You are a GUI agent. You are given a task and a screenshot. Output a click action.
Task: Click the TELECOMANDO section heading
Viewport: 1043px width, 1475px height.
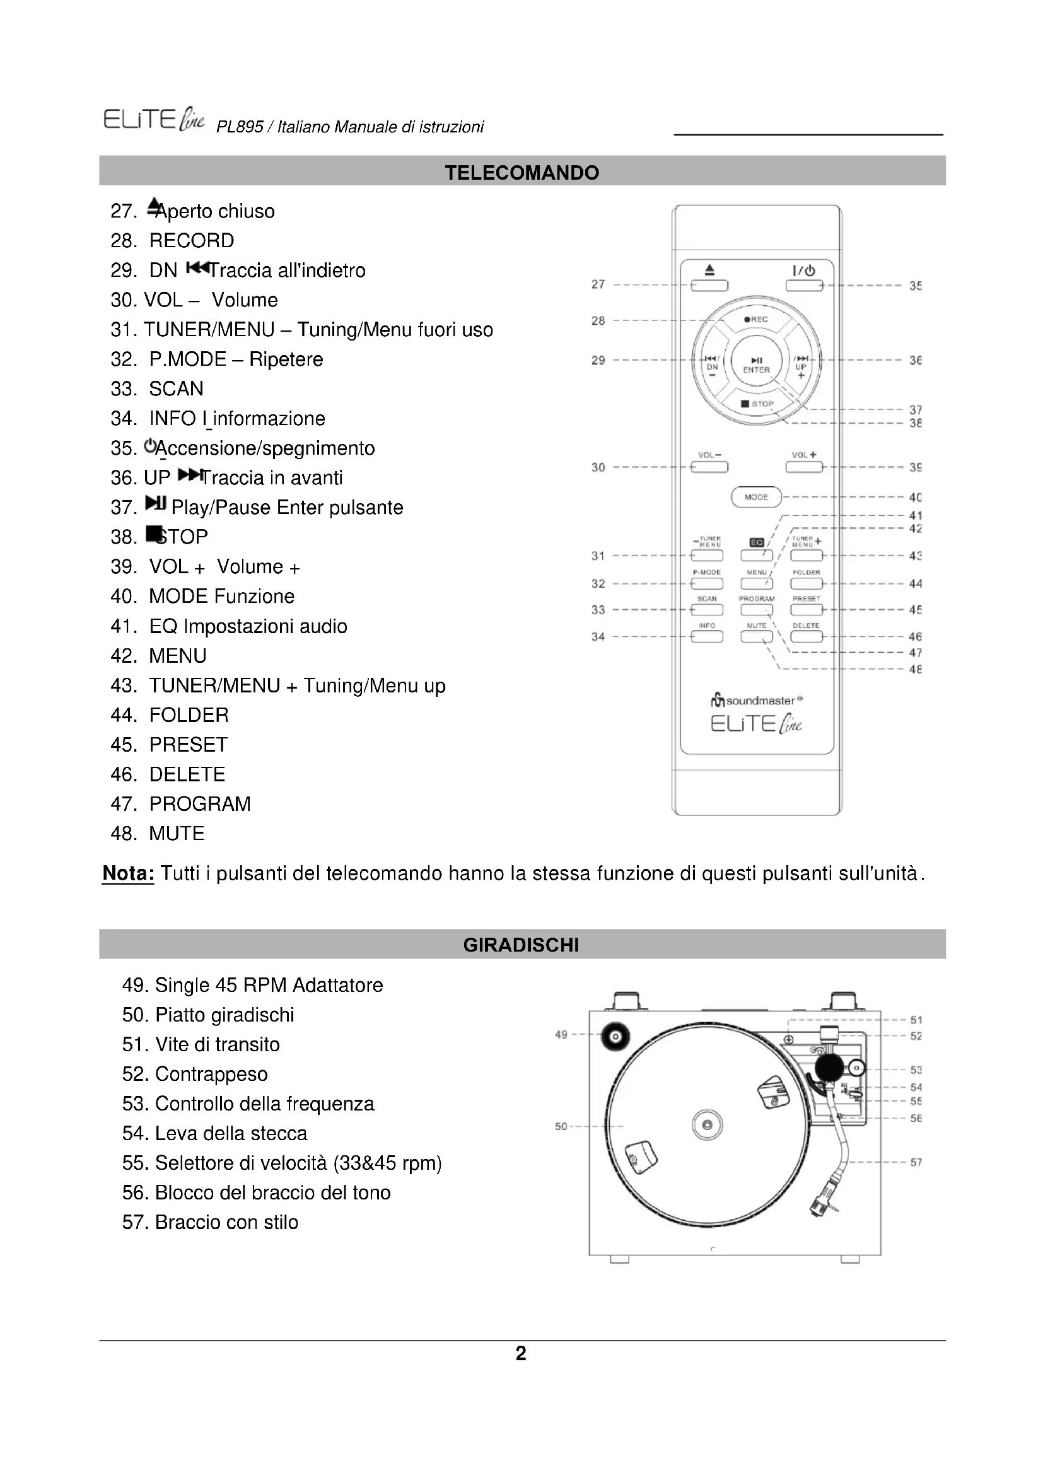coord(521,172)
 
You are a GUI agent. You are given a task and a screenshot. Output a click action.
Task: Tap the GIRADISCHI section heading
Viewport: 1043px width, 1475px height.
coord(521,945)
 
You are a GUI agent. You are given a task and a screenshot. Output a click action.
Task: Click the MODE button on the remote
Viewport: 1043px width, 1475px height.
coord(756,496)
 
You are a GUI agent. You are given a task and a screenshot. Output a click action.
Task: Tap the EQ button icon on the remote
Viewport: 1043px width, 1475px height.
coord(757,543)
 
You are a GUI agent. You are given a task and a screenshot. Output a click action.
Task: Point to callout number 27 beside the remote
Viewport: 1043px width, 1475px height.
coord(598,284)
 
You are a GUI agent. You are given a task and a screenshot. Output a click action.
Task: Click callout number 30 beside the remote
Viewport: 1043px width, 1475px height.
coord(598,467)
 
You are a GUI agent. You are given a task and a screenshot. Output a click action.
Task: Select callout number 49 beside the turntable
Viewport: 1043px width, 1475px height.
coord(561,1034)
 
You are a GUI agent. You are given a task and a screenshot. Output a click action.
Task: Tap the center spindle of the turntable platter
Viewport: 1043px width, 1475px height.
coord(707,1125)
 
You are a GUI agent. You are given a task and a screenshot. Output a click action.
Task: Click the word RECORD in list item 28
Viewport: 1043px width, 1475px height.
coord(192,241)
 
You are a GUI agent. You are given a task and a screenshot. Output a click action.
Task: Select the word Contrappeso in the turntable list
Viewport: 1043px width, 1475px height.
coord(211,1074)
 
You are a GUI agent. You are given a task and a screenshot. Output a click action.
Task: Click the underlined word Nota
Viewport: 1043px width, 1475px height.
coord(128,873)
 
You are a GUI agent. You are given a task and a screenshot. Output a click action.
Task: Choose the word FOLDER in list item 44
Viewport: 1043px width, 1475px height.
coord(189,715)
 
